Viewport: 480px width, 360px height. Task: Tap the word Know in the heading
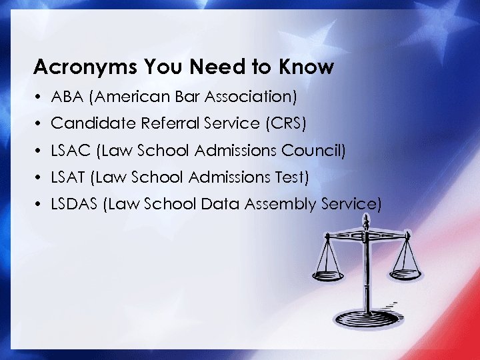(x=306, y=67)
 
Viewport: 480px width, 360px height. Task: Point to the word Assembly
(x=275, y=205)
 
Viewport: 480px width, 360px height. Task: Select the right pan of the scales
(x=407, y=269)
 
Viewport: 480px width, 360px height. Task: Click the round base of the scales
(x=367, y=319)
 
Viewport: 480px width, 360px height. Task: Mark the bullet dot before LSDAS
(x=40, y=205)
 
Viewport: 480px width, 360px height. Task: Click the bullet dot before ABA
(x=40, y=97)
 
